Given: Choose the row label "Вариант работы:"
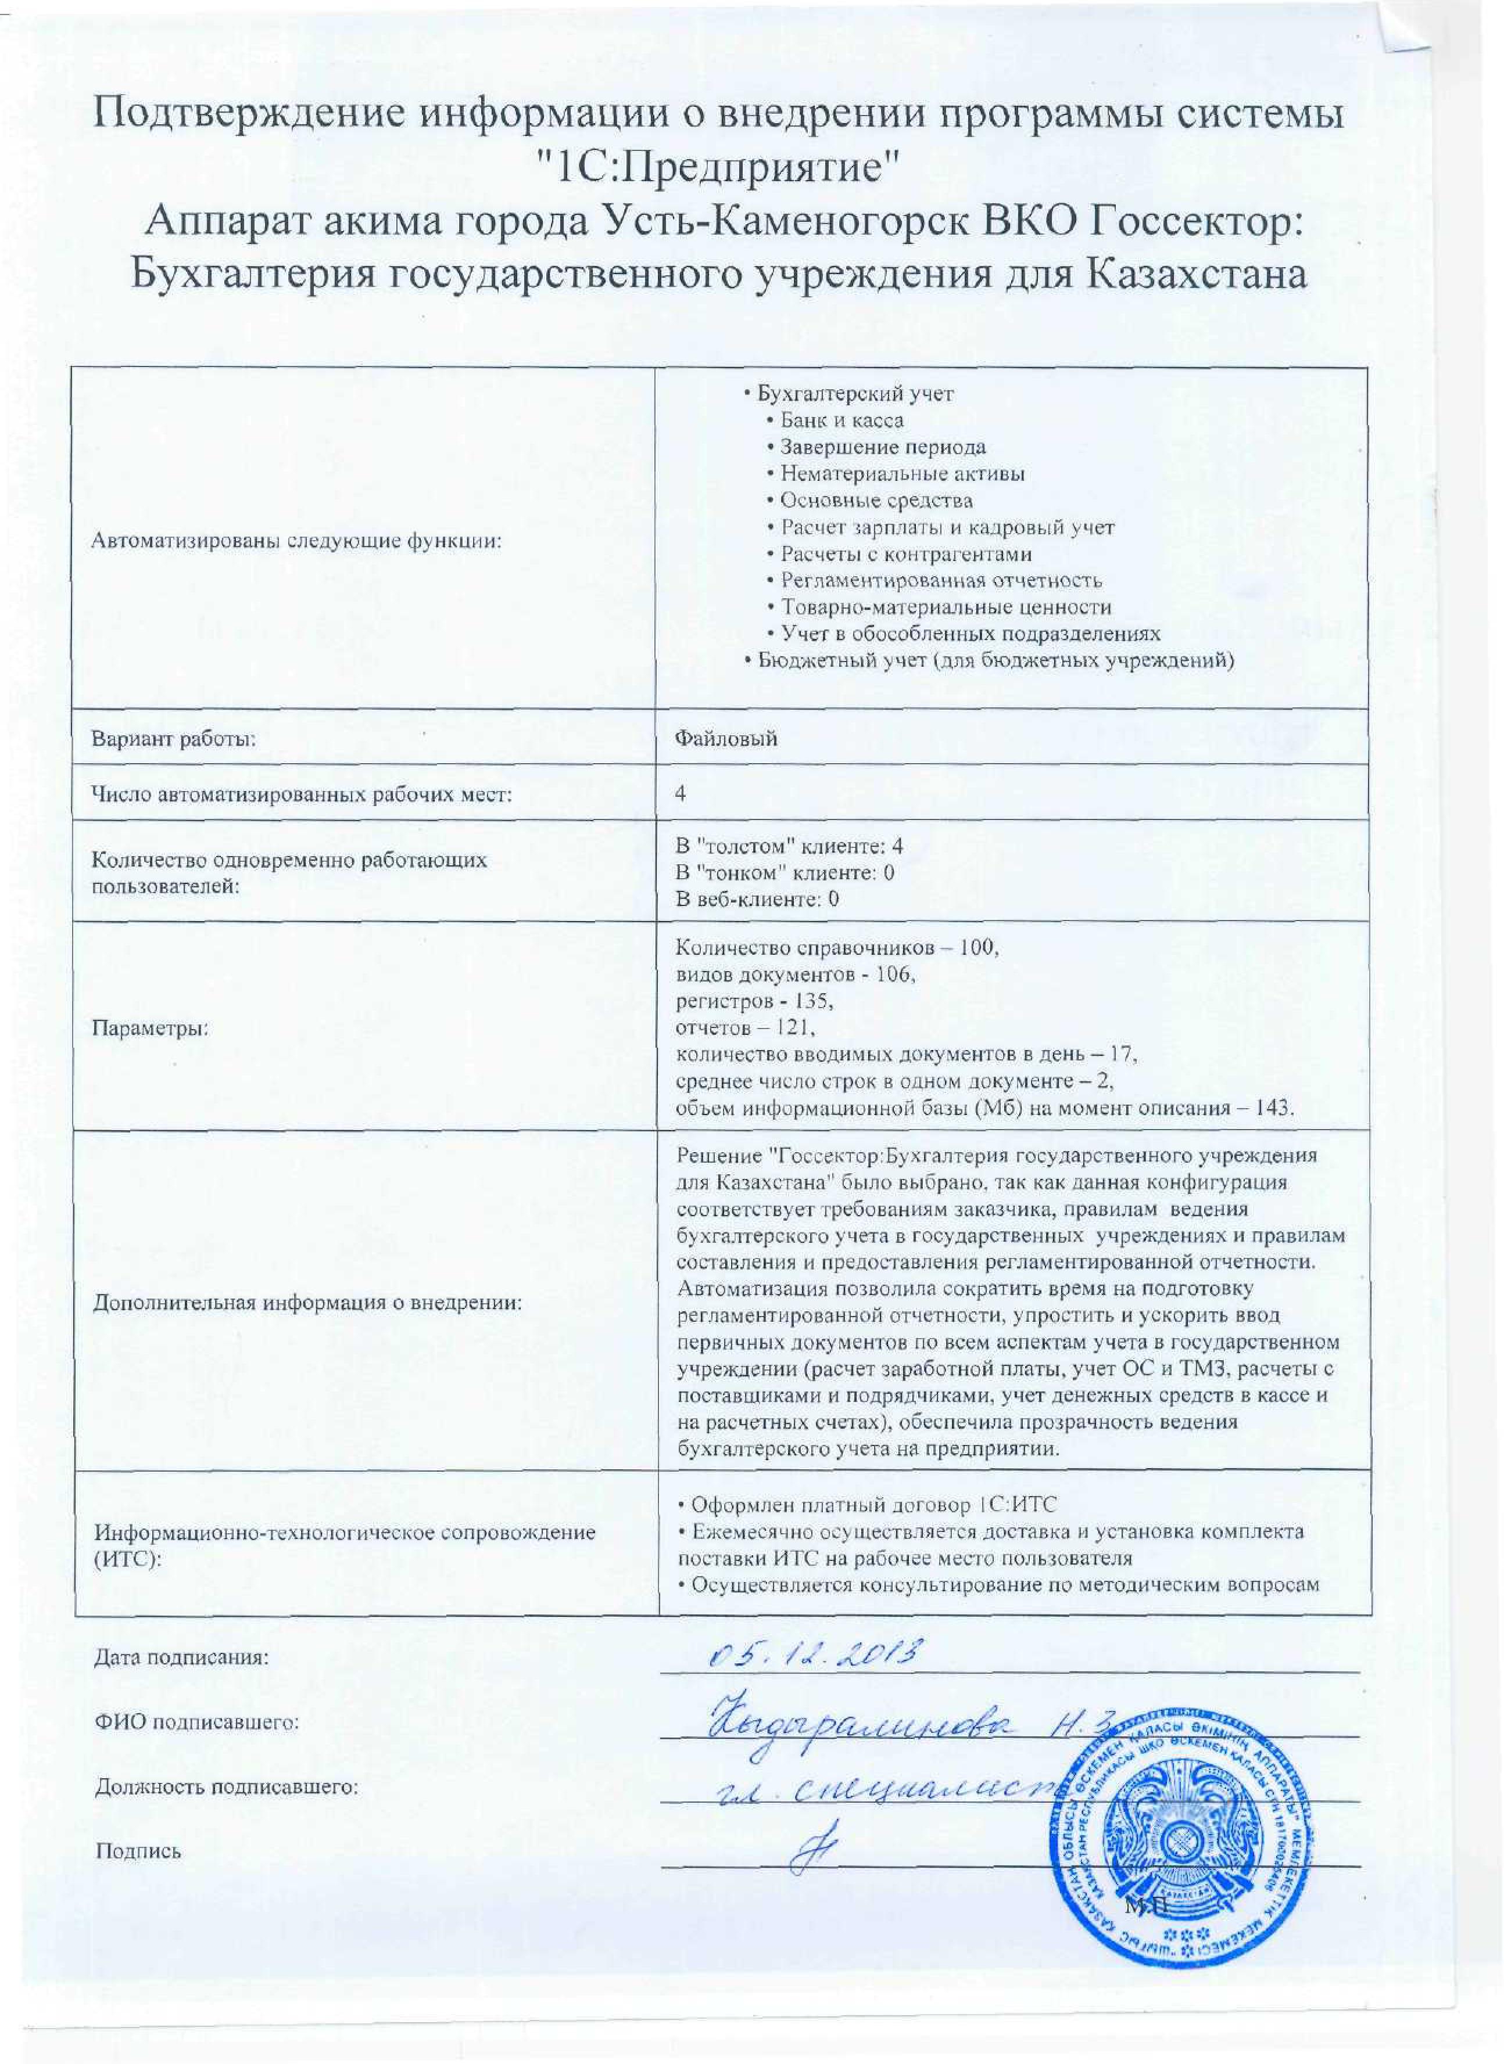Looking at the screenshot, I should tap(173, 738).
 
